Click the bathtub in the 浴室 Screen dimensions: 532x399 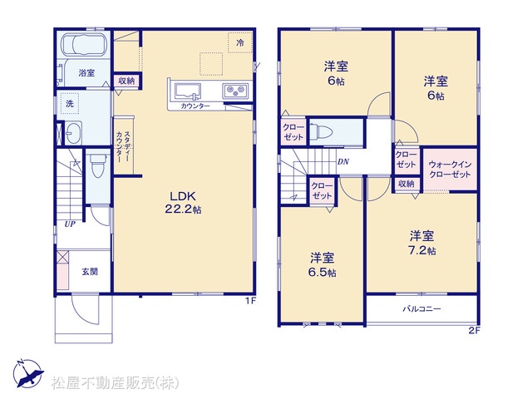(84, 44)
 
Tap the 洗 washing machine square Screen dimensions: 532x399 (70, 103)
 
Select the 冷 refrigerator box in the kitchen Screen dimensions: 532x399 (240, 42)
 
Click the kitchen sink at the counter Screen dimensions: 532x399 (187, 91)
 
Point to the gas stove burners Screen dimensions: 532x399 (235, 91)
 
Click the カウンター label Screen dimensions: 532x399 (195, 106)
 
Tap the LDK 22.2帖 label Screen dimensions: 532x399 (183, 203)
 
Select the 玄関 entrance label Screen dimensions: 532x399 (90, 272)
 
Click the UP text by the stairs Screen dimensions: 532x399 (70, 224)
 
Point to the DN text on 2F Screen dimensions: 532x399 (343, 162)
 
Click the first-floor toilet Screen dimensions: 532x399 (98, 166)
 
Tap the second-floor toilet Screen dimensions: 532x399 (322, 131)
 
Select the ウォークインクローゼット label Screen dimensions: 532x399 (450, 170)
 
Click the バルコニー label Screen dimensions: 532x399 (421, 309)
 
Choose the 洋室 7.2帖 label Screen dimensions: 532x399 (422, 244)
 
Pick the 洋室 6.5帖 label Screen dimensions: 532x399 (323, 265)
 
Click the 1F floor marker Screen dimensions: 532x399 (250, 301)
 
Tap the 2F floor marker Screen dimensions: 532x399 (475, 331)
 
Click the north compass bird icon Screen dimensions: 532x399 (28, 374)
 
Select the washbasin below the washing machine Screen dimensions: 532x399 (73, 133)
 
